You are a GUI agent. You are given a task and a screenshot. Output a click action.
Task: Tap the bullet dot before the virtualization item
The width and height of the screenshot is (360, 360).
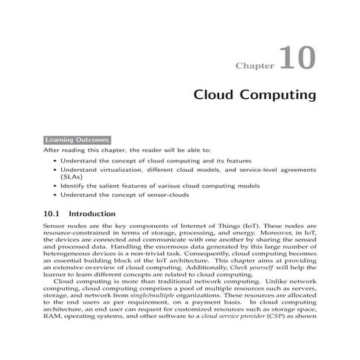coord(55,170)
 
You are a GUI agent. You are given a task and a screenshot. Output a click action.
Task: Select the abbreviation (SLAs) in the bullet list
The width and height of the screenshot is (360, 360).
coord(72,177)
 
